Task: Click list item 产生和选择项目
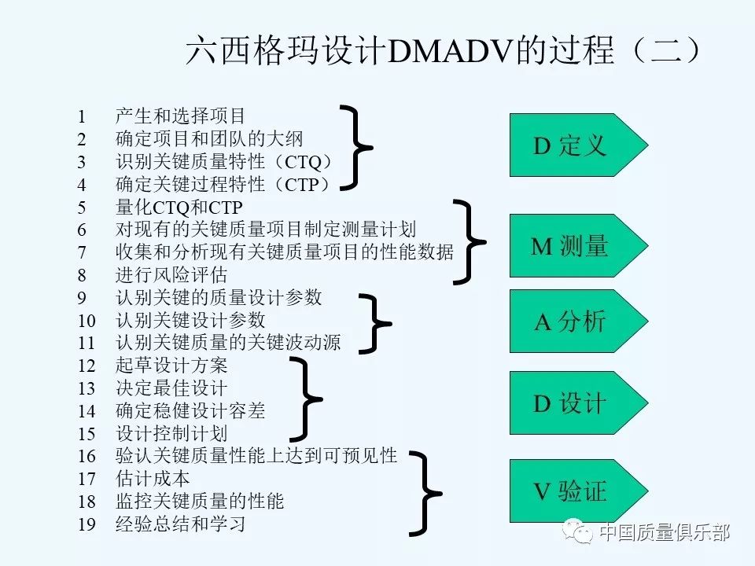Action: pyautogui.click(x=180, y=117)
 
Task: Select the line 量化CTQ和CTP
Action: pyautogui.click(x=179, y=208)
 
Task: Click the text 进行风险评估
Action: pyautogui.click(x=171, y=275)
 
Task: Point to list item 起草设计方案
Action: pyautogui.click(x=171, y=366)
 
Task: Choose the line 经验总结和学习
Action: pyautogui.click(x=180, y=524)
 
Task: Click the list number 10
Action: pyautogui.click(x=87, y=321)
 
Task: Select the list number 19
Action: pyautogui.click(x=87, y=524)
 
